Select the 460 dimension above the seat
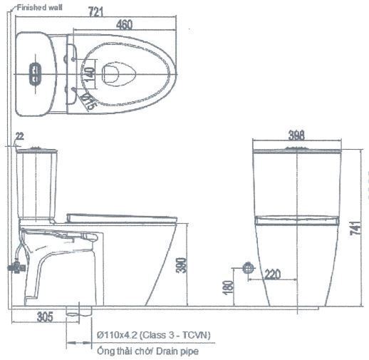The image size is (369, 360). pos(124,26)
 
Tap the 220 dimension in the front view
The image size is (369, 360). pos(271,274)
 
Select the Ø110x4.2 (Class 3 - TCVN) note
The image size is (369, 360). pos(152,334)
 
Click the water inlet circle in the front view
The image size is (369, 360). pos(247,268)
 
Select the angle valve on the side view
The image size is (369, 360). pos(14,268)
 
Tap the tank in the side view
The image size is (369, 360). pos(37,182)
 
